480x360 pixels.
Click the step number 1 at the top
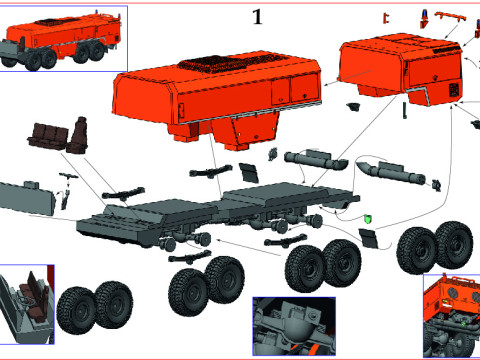pyautogui.click(x=258, y=17)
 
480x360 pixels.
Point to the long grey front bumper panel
pyautogui.click(x=31, y=197)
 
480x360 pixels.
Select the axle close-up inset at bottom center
pyautogui.click(x=290, y=326)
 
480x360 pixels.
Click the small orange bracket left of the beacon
pyautogui.click(x=385, y=18)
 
